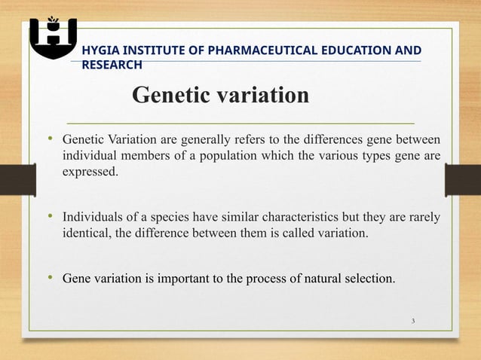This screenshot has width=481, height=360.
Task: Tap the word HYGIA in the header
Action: coord(102,50)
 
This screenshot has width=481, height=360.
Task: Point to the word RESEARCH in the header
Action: coord(112,65)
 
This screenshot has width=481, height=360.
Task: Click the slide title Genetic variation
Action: coord(221,96)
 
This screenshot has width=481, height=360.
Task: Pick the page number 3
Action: coord(413,322)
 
